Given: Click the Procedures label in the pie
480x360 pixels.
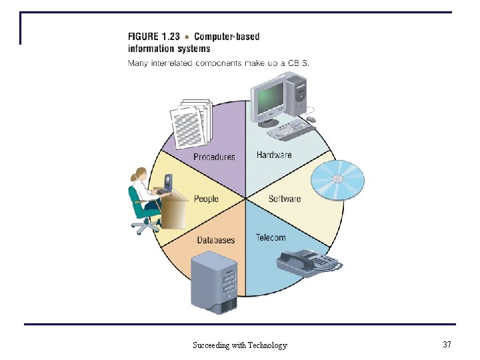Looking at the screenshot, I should [x=214, y=157].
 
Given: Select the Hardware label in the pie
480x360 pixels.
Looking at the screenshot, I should [x=274, y=155].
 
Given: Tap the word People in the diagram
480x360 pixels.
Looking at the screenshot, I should [x=206, y=199].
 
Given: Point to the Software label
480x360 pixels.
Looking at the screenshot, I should [x=285, y=199].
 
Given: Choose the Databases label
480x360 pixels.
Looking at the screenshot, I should [x=215, y=240].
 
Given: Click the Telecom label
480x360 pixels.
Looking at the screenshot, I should [x=271, y=237].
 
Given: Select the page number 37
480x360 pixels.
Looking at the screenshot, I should [x=447, y=344].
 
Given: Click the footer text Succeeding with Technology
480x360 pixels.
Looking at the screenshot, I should [x=240, y=345].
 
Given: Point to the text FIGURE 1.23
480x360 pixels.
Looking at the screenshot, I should [x=153, y=37].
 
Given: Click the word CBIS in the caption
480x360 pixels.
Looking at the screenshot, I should [x=297, y=63].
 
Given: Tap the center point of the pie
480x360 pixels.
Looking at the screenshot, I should [x=246, y=198].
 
